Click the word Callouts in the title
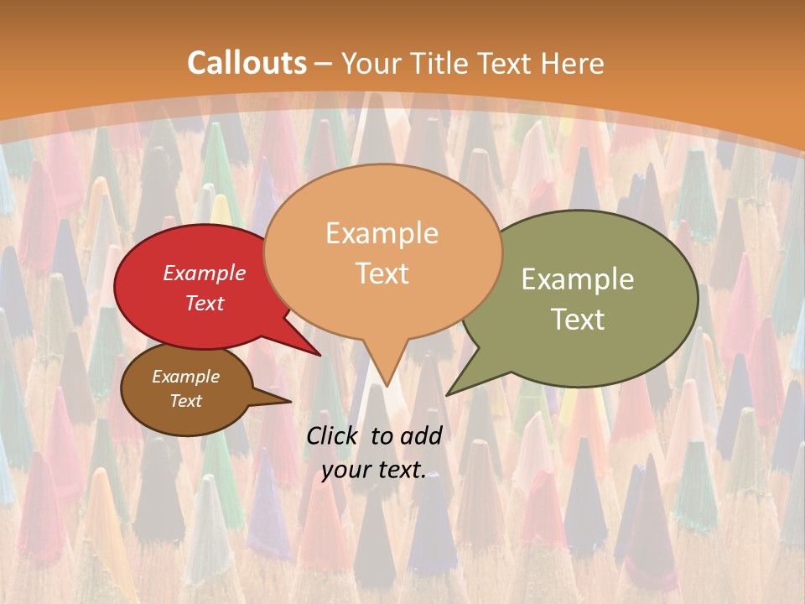click(x=247, y=63)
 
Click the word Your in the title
click(x=371, y=63)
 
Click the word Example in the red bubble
click(x=204, y=273)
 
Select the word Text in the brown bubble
click(x=186, y=401)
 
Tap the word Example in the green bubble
click(x=578, y=279)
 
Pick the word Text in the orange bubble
click(x=382, y=273)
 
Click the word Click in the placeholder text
click(x=334, y=435)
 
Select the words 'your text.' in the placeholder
click(x=373, y=471)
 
